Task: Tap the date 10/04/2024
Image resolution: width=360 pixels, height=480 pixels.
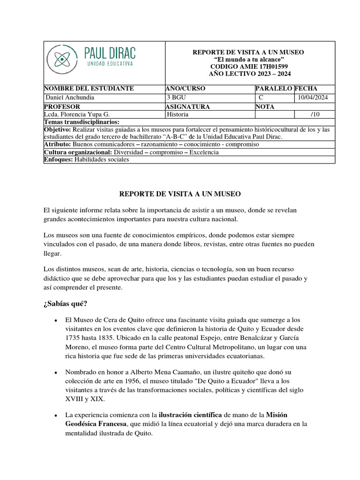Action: [313, 97]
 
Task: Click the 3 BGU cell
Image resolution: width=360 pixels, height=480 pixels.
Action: [176, 97]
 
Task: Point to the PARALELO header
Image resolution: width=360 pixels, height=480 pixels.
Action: [274, 89]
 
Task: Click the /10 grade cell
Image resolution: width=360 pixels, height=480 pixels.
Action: [315, 114]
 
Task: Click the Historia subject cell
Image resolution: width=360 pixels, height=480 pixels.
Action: [178, 114]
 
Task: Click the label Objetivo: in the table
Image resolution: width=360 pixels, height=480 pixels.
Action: [57, 129]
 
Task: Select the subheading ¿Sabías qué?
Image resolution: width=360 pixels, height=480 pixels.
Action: [66, 303]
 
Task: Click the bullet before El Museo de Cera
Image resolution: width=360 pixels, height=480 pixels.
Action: [56, 320]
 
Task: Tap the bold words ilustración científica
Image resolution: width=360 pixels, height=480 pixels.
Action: [191, 415]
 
